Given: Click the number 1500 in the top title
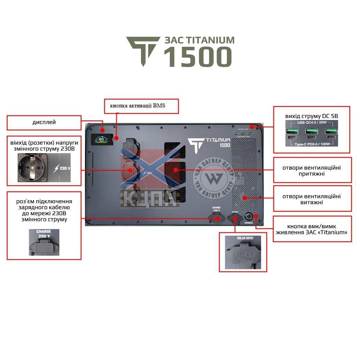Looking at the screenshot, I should click(198, 57).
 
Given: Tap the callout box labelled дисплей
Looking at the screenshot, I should click(44, 122).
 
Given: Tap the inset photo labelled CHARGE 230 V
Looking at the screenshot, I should click(44, 242).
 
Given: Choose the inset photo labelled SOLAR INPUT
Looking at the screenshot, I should click(243, 252).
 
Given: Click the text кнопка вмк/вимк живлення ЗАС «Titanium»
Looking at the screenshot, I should click(312, 229).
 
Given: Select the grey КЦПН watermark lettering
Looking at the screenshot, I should click(151, 199).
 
